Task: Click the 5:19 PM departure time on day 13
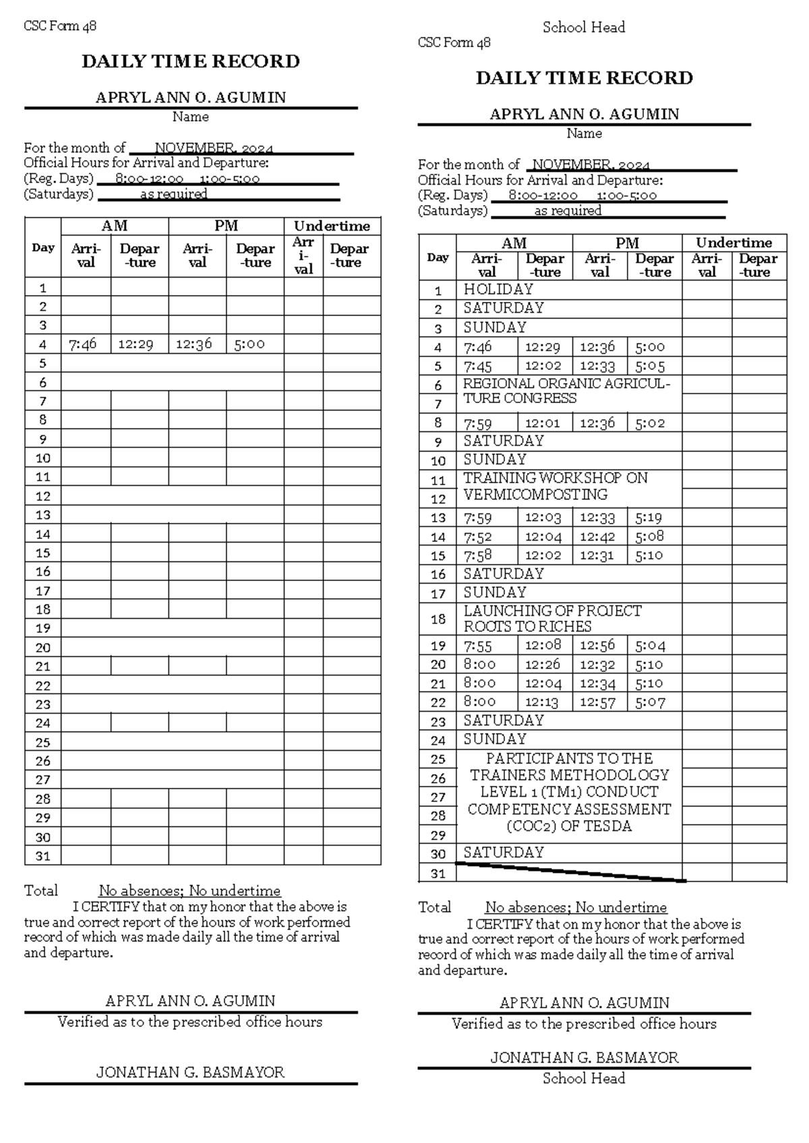click(649, 518)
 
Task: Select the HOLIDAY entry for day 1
click(498, 289)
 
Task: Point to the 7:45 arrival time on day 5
click(478, 367)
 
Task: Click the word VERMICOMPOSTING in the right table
click(535, 495)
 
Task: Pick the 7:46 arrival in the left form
click(82, 344)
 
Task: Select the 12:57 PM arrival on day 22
click(597, 702)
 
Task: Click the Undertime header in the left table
click(332, 226)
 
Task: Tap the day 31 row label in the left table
click(43, 856)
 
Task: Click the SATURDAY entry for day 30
click(503, 853)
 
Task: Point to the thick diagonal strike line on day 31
click(570, 872)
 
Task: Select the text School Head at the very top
click(584, 28)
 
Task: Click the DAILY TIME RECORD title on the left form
click(191, 62)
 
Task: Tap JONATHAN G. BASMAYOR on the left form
click(190, 1072)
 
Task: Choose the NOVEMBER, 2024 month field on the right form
click(591, 165)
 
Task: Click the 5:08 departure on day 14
click(649, 536)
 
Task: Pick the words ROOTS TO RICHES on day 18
click(527, 626)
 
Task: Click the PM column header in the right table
click(626, 243)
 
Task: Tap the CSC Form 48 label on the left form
click(60, 26)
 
